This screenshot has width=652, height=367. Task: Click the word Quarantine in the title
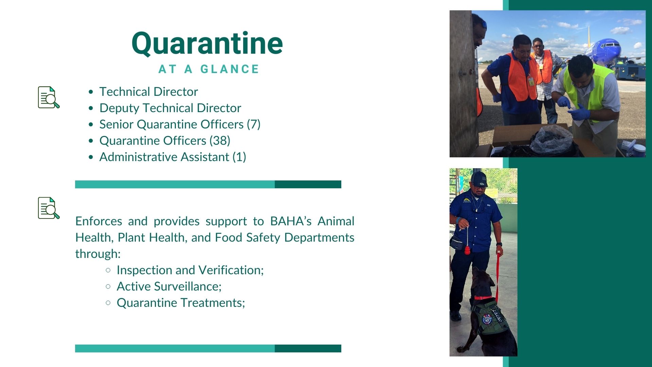[207, 43]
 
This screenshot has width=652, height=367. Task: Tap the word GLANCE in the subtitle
[230, 69]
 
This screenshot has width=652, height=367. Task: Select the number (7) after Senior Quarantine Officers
[254, 124]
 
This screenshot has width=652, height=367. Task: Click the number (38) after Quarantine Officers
[220, 141]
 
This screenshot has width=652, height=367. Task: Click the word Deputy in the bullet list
[120, 108]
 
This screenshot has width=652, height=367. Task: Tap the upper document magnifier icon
[49, 97]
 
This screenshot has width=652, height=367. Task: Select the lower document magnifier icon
[49, 208]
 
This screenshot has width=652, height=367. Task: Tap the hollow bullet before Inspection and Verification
[108, 270]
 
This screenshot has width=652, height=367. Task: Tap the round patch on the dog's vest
[487, 319]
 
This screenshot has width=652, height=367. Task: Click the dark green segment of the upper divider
[308, 184]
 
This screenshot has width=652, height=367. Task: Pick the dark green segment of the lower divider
[308, 348]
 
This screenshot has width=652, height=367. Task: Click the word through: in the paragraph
[98, 254]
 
